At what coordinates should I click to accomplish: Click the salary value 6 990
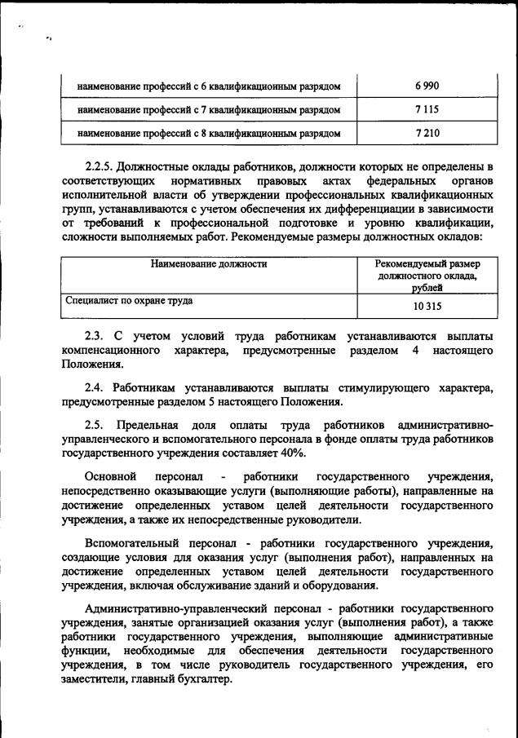pos(427,86)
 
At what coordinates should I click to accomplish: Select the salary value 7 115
pos(427,108)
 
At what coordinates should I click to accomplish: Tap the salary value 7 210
pos(427,132)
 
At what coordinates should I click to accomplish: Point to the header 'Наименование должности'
pos(209,264)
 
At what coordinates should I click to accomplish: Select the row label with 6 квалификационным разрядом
pos(208,86)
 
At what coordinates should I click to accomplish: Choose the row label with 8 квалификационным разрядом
pos(208,132)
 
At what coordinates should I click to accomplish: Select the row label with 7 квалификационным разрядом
pos(208,108)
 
